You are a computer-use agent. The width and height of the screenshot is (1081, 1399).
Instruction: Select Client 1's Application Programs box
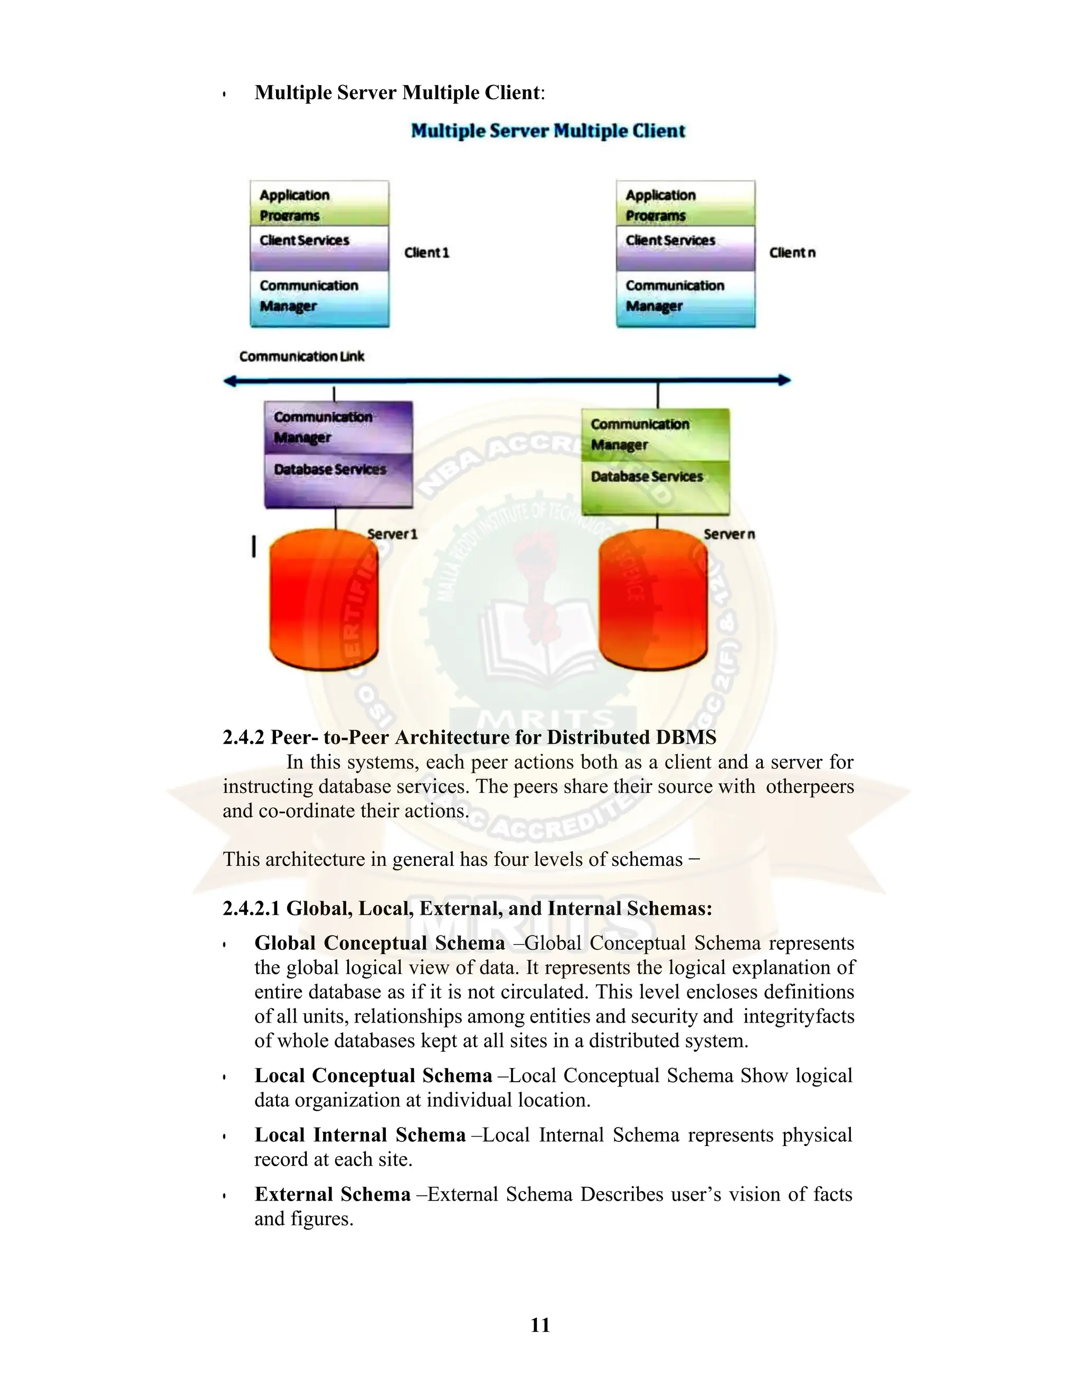pos(319,204)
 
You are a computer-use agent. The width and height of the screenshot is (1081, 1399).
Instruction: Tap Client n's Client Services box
pos(685,248)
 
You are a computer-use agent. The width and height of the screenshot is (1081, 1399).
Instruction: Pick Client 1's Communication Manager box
pos(319,298)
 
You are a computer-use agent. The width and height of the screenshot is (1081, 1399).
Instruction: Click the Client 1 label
pos(426,253)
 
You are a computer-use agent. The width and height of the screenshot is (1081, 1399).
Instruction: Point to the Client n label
pos(792,253)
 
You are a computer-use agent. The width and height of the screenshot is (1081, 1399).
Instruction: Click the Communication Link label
pos(301,357)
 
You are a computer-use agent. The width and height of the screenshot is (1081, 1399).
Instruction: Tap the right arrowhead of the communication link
pos(784,381)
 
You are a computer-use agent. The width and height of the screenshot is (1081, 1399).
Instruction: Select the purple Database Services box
pos(338,480)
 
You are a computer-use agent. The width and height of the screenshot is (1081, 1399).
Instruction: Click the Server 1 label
pos(392,534)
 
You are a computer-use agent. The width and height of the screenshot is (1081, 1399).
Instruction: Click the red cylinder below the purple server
pos(324,602)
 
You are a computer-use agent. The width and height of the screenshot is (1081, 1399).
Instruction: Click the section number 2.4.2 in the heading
pos(243,738)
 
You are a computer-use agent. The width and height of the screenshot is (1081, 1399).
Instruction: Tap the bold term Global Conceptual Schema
pos(380,943)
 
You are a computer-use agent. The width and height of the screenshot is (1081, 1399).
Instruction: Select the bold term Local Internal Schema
pos(360,1135)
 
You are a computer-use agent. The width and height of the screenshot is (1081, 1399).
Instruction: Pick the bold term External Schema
pos(333,1195)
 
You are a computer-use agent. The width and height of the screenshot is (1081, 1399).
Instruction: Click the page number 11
pos(540,1325)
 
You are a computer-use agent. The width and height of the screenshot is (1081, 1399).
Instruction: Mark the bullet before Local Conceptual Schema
pos(225,1077)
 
